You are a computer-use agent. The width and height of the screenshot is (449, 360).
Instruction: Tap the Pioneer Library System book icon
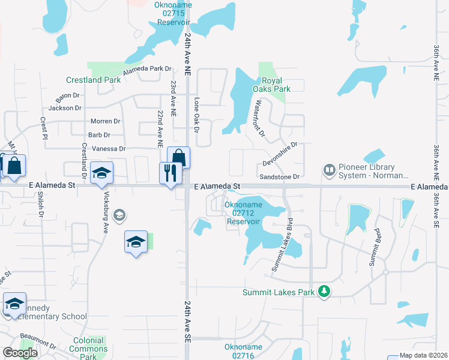(329, 171)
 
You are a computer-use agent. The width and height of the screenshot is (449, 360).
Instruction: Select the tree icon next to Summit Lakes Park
(325, 292)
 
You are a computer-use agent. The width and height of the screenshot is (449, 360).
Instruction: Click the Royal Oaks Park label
(276, 85)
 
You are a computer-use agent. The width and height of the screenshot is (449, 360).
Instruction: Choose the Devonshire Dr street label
(280, 154)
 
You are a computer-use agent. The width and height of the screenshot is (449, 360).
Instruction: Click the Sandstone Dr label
(279, 177)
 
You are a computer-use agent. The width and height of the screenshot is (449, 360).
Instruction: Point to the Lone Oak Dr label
(196, 112)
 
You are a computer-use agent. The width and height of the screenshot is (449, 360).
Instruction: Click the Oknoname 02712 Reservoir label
(243, 212)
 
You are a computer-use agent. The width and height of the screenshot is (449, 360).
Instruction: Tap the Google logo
(20, 353)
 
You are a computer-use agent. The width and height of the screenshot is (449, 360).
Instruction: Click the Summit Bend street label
(373, 248)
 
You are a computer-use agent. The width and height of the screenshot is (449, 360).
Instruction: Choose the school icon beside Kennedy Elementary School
(14, 304)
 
